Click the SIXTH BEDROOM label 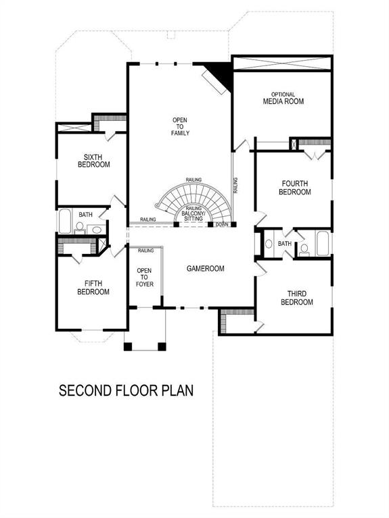coord(93,160)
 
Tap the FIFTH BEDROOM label coord(93,288)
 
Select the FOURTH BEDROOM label coord(294,188)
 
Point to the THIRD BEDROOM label coord(296,298)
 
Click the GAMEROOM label coord(206,268)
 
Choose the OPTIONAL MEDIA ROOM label coord(283,99)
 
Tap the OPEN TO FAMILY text coord(179,127)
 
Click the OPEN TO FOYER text coord(145,277)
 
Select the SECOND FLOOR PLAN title coord(126,390)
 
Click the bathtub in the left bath coord(66,221)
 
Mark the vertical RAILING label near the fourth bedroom coord(235,185)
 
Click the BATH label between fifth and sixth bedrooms coord(85,215)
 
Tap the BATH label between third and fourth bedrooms coord(285,244)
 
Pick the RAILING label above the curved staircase coord(193,180)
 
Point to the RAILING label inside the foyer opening coord(145,251)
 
